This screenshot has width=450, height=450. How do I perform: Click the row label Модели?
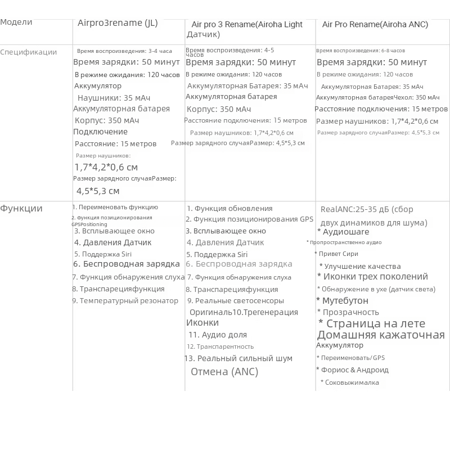tap(16, 22)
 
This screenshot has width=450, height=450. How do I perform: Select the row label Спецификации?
tap(29, 52)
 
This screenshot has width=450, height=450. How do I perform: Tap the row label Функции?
tap(21, 209)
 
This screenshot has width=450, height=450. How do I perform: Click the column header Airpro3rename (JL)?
tap(118, 23)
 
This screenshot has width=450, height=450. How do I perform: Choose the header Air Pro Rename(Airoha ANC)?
tap(375, 25)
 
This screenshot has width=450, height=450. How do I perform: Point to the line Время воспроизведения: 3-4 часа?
tap(124, 51)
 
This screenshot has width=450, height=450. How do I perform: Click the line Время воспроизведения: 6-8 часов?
tap(361, 51)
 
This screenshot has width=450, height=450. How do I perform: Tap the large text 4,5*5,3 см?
tap(97, 191)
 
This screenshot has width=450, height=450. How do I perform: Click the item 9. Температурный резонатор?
tap(125, 301)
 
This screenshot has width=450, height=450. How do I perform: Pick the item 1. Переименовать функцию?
tap(115, 208)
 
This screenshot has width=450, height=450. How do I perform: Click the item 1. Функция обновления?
tap(229, 209)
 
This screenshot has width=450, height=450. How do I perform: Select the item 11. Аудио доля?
tap(218, 335)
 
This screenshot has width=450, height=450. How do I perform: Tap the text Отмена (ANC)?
tap(224, 372)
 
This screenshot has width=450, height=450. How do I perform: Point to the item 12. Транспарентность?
tap(220, 347)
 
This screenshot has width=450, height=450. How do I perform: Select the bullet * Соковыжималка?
tap(350, 382)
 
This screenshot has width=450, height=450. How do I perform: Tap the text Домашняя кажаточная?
tap(381, 335)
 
